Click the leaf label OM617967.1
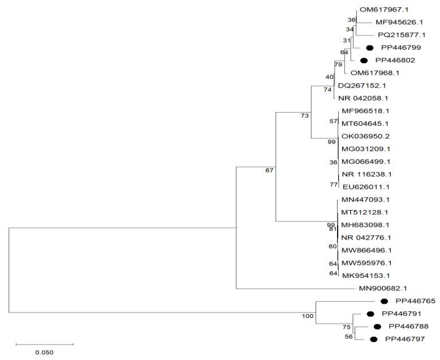pos(381,10)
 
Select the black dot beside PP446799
pos(370,48)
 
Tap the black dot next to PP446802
pos(364,61)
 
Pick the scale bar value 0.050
pos(44,352)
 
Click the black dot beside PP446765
pos(384,302)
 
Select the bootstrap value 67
pos(269,170)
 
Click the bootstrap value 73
pos(305,116)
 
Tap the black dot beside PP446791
pos(370,314)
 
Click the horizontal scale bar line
pos(44,344)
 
